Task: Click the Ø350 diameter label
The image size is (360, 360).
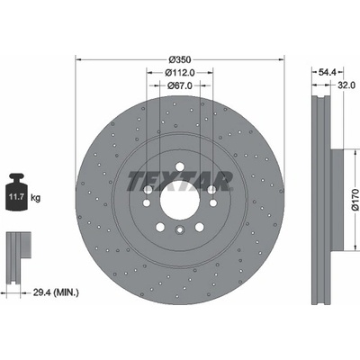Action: (x=179, y=59)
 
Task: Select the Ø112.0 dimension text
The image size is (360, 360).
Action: (x=180, y=73)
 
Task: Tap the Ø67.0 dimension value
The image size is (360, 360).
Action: (x=180, y=85)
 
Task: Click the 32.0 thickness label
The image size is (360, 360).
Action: (x=346, y=85)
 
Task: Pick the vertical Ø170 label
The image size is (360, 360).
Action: (x=355, y=200)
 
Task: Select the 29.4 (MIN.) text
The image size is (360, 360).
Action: (x=56, y=292)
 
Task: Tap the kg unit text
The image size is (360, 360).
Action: (x=36, y=198)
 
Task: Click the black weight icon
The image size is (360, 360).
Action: (x=17, y=192)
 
